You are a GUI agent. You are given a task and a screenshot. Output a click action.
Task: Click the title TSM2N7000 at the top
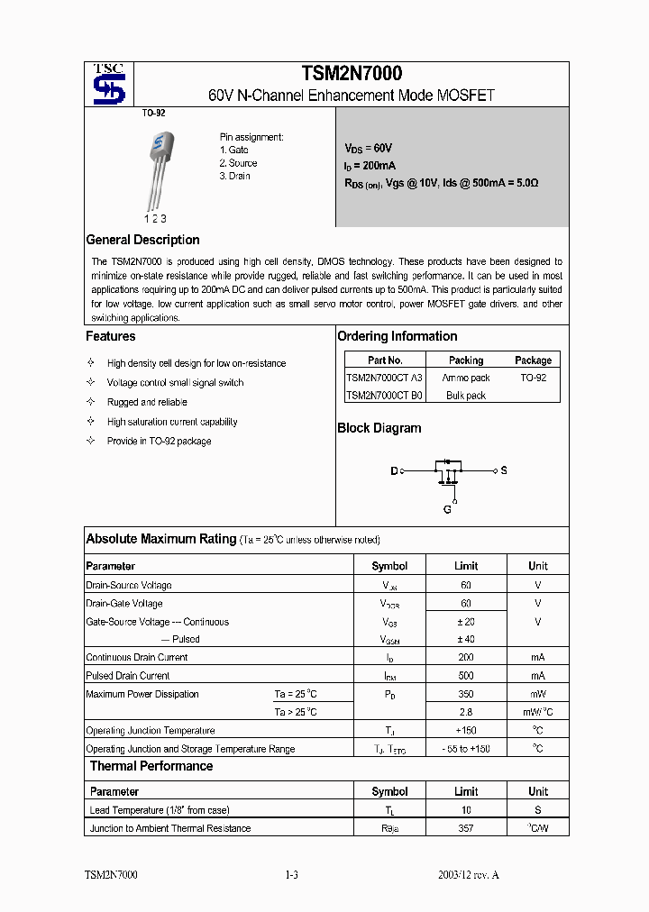(351, 74)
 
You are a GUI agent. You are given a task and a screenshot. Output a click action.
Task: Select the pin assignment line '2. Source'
(239, 163)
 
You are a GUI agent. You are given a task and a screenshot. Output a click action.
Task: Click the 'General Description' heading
(142, 240)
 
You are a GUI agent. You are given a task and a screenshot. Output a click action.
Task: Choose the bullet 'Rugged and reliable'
(147, 402)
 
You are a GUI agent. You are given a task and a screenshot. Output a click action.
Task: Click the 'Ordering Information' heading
(398, 336)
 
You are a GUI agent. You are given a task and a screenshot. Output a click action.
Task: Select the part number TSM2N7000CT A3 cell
(384, 378)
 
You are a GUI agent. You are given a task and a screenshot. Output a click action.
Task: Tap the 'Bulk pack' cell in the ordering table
(466, 396)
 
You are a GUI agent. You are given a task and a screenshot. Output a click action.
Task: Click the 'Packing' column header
(466, 360)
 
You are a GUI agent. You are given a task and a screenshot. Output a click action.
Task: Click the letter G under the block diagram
(447, 509)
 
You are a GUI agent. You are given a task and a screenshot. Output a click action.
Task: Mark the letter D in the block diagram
(394, 471)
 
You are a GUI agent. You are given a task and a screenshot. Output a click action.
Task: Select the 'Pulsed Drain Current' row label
(128, 676)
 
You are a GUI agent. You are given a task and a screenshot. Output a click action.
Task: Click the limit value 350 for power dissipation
(466, 694)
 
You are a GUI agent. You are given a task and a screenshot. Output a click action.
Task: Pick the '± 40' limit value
(466, 639)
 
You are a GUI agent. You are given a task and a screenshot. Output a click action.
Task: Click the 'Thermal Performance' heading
(151, 766)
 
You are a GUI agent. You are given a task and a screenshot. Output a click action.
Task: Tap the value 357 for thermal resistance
(466, 828)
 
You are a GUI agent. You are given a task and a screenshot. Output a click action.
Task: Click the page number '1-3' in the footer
(291, 875)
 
